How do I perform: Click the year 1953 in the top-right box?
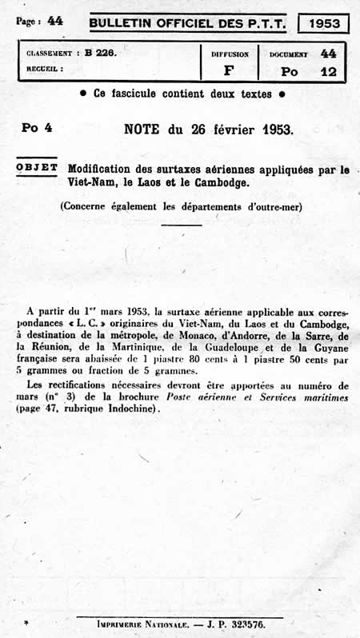(x=323, y=23)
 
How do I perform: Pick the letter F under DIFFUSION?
(x=230, y=70)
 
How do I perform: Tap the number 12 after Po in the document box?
(x=327, y=70)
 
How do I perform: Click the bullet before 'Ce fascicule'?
(x=85, y=94)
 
